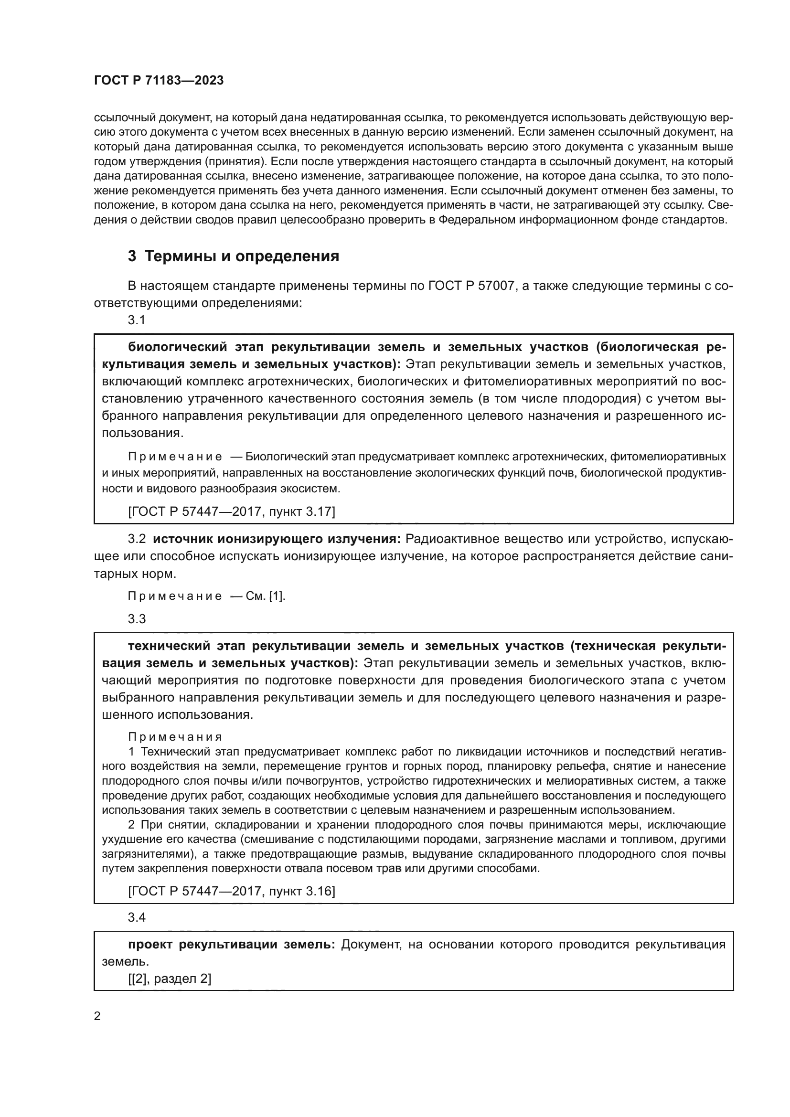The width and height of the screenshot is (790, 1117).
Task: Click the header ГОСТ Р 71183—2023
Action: pyautogui.click(x=159, y=81)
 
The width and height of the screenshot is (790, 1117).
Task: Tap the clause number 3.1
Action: pyautogui.click(x=137, y=320)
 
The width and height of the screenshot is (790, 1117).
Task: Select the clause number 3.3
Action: pyautogui.click(x=137, y=619)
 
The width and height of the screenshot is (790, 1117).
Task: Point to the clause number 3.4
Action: pyautogui.click(x=137, y=917)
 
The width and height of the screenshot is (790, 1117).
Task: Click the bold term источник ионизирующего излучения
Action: pyautogui.click(x=276, y=539)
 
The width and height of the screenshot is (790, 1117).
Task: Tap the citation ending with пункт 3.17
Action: pyautogui.click(x=232, y=511)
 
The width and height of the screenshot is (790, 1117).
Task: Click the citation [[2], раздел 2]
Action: pyautogui.click(x=170, y=979)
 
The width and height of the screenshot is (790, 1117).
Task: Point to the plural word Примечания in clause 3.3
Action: pyautogui.click(x=175, y=737)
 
